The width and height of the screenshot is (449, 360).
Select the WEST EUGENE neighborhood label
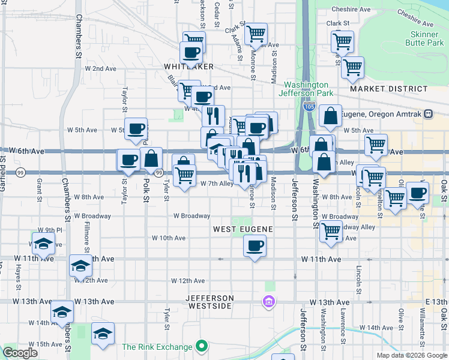[x=243, y=229]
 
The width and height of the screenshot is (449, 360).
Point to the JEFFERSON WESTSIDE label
[x=209, y=302]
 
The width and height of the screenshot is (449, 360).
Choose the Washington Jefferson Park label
[x=306, y=89]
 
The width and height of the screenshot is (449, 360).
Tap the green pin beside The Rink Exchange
[x=202, y=347]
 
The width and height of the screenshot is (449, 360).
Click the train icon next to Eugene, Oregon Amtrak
[x=428, y=114]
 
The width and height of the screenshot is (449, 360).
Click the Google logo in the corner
[x=20, y=353]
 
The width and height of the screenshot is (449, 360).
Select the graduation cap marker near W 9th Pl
[x=43, y=244]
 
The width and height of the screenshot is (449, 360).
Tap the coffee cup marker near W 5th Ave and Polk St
[x=136, y=128]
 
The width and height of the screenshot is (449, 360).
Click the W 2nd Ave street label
[x=100, y=68]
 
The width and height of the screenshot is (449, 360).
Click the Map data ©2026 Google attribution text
[x=412, y=355]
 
